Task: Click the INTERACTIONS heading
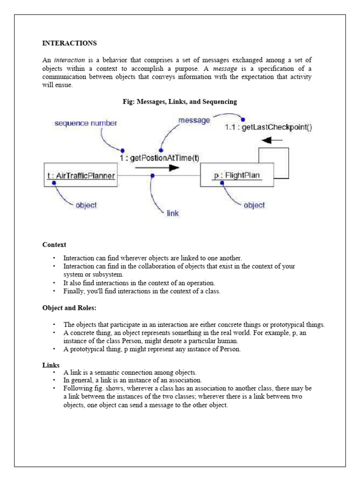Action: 69,43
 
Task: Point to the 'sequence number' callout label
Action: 86,123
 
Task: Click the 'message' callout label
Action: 194,120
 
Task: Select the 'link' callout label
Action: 172,213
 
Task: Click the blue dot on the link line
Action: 153,175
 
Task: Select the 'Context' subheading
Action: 54,245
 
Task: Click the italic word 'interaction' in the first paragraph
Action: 69,60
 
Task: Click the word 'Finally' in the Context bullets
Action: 74,291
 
